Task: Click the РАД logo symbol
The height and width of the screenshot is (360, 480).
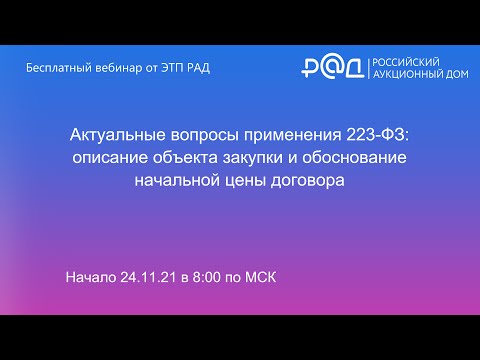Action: pos(334,67)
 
